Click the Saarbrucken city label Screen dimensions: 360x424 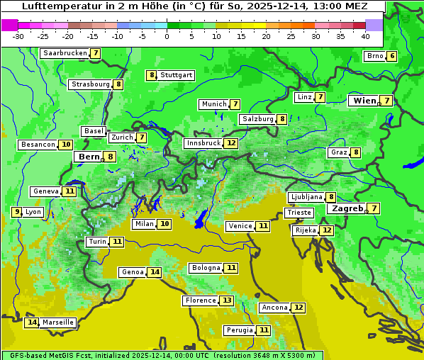(65, 53)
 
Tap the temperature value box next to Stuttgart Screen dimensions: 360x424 (151, 75)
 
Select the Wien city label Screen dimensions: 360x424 (365, 101)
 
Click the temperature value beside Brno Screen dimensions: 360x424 (392, 57)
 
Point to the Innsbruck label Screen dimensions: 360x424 (203, 143)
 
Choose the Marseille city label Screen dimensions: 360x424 (58, 322)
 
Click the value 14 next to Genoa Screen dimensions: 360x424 (155, 272)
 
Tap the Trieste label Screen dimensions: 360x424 (299, 213)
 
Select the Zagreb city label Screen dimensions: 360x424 (347, 208)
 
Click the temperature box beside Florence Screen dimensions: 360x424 (226, 300)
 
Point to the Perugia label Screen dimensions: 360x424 (239, 330)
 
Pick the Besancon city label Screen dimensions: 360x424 (38, 145)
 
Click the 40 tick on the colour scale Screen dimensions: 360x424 (365, 36)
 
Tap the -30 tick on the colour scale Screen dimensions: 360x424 (18, 36)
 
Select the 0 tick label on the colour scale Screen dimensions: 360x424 (167, 36)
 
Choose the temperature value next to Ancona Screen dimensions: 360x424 (299, 308)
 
